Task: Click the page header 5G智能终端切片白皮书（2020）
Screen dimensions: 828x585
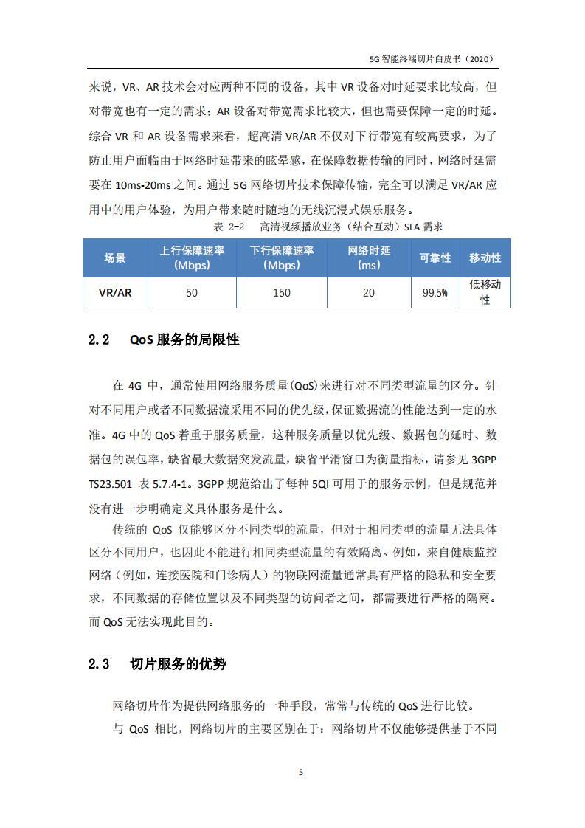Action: click(430, 59)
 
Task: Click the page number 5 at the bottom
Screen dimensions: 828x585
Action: click(300, 773)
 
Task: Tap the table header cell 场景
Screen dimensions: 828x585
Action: click(114, 258)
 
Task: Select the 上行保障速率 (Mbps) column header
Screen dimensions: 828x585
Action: click(192, 258)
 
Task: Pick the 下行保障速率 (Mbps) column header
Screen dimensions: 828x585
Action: click(281, 258)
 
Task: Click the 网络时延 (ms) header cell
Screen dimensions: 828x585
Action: click(368, 258)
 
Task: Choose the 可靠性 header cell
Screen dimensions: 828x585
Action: click(435, 258)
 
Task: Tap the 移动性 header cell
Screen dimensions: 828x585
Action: click(485, 258)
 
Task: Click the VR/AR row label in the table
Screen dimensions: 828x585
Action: click(114, 292)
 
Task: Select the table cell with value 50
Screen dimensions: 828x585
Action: click(192, 292)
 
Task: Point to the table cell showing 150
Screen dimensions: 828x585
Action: click(281, 292)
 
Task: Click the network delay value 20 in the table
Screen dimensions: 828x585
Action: click(368, 292)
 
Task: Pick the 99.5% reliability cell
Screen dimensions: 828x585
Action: click(435, 292)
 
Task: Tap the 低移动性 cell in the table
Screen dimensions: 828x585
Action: click(485, 292)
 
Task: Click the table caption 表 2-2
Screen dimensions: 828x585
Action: click(228, 226)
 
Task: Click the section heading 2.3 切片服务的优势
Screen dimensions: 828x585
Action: click(157, 663)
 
